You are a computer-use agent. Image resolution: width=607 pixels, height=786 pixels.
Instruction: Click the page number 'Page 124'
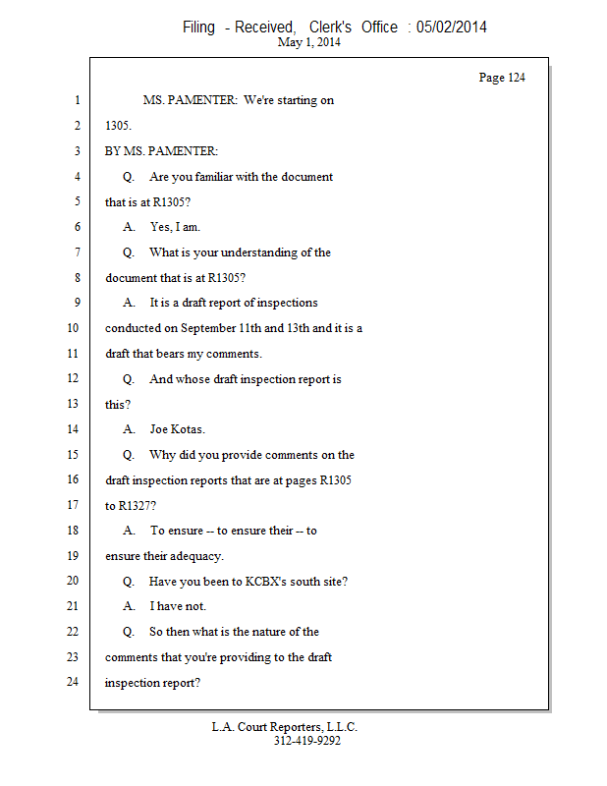click(501, 78)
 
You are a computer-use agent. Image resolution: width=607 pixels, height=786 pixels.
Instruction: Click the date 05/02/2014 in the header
click(451, 28)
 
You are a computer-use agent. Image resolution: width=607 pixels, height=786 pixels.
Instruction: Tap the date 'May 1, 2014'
click(309, 43)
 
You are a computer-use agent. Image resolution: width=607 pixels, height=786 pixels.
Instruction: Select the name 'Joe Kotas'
click(177, 429)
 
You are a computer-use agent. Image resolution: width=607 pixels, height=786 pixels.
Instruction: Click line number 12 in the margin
click(73, 378)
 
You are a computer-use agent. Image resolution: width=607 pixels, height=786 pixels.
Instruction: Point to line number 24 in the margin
click(73, 682)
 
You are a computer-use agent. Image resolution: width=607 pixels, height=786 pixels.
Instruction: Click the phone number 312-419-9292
click(307, 741)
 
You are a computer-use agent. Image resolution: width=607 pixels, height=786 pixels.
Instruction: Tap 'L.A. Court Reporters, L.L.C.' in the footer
click(285, 727)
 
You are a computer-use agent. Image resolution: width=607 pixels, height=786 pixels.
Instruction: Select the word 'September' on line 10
click(207, 328)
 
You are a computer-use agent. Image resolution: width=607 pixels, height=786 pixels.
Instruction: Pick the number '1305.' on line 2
click(119, 126)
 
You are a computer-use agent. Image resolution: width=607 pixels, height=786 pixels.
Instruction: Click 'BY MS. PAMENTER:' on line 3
click(162, 151)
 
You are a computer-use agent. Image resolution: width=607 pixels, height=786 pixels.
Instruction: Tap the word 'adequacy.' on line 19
click(196, 556)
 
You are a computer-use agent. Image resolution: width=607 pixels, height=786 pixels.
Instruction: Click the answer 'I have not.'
click(178, 606)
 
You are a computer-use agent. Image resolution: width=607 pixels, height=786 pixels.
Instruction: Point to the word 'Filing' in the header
click(199, 28)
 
